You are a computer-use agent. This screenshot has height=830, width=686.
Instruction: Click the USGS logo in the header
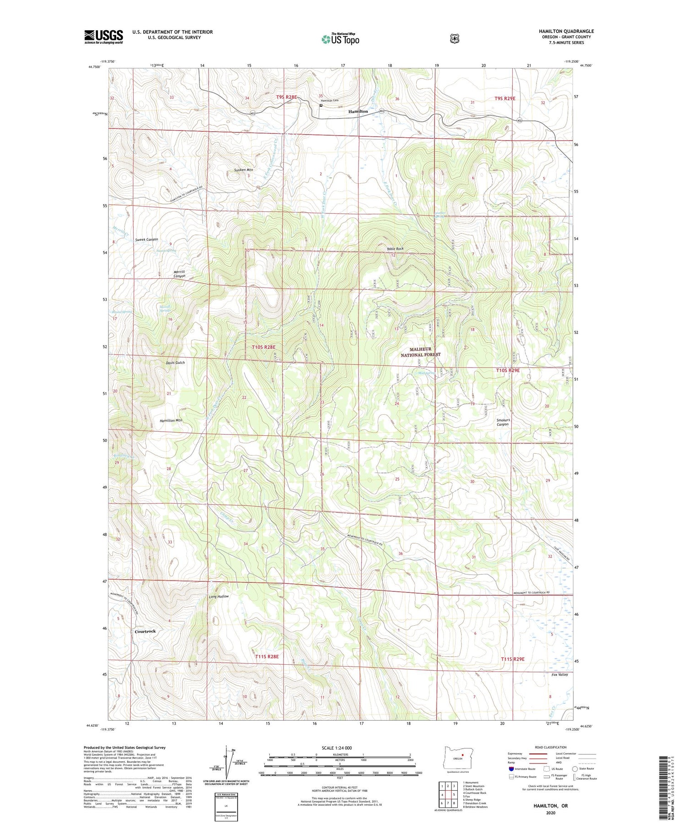coord(103,36)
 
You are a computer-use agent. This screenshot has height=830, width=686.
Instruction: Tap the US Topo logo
coord(340,39)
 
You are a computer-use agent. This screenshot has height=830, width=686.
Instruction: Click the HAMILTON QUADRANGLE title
coord(566,31)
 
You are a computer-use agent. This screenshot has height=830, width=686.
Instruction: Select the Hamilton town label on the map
coord(358,111)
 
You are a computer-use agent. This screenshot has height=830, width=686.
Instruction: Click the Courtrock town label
coord(145,631)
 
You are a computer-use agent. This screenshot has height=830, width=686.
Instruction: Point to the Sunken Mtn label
coord(243,170)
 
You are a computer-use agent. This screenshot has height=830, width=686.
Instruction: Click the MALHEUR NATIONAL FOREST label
coord(421,352)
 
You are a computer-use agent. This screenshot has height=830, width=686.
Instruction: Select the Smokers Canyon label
coord(503,422)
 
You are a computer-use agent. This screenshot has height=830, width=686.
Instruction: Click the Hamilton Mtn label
coord(171,420)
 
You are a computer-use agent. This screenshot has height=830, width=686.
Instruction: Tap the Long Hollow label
coord(219,597)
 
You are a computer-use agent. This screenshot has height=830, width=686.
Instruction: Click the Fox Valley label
coord(559,675)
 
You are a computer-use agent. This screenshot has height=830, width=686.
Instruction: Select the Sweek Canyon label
coord(146,239)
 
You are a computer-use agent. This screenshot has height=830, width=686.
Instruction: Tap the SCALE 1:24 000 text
coord(337,748)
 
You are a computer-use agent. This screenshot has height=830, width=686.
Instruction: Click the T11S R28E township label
coord(267,656)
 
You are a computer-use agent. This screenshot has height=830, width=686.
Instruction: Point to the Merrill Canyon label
coord(179,274)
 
